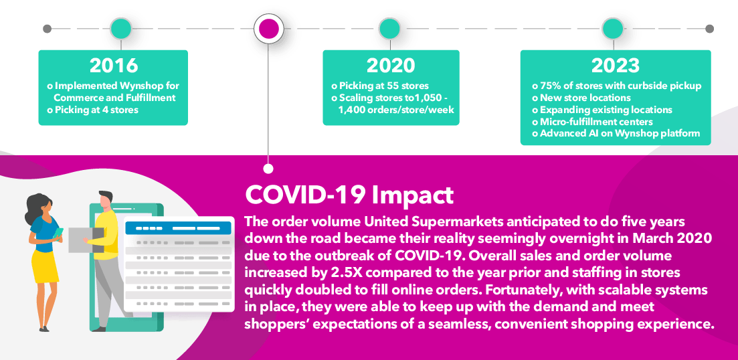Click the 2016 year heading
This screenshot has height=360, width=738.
tap(114, 66)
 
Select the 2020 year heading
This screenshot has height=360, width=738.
tap(391, 66)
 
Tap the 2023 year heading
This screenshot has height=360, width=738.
tap(616, 66)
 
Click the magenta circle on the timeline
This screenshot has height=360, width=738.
tap(269, 28)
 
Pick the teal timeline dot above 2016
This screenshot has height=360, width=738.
tap(121, 28)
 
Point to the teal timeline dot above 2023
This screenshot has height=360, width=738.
tap(613, 28)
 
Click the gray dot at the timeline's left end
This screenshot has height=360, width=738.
tap(47, 29)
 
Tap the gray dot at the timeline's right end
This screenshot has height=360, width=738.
tap(710, 29)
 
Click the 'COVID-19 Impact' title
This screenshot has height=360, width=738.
tap(349, 194)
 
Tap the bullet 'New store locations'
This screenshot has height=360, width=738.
tap(581, 98)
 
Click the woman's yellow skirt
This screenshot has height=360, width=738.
tap(45, 266)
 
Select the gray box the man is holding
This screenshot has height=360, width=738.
tap(86, 240)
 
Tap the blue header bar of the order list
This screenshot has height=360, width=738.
tap(179, 228)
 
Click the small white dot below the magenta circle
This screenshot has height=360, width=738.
tap(268, 169)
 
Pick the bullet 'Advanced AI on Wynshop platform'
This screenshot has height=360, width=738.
tap(616, 134)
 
